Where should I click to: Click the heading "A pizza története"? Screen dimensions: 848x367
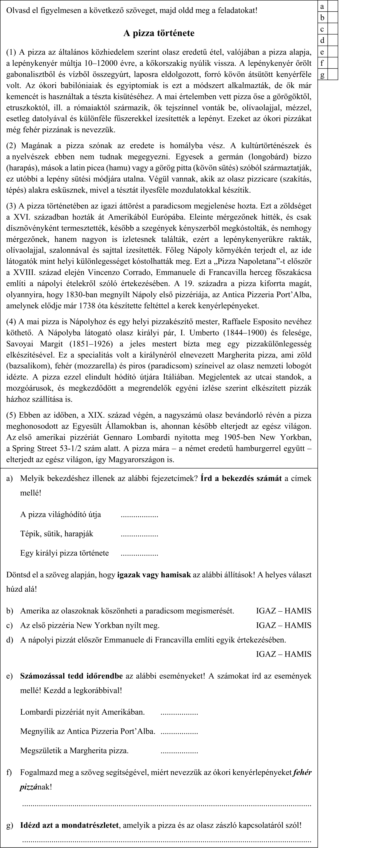(x=159, y=33)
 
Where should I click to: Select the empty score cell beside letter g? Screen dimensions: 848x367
(x=333, y=74)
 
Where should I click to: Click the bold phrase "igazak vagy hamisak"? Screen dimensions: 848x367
(x=154, y=575)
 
